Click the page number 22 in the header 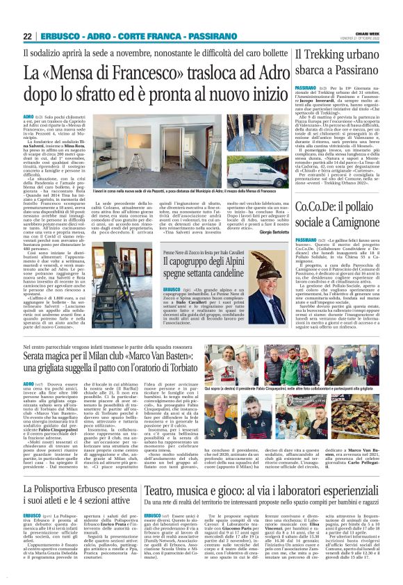28,35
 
